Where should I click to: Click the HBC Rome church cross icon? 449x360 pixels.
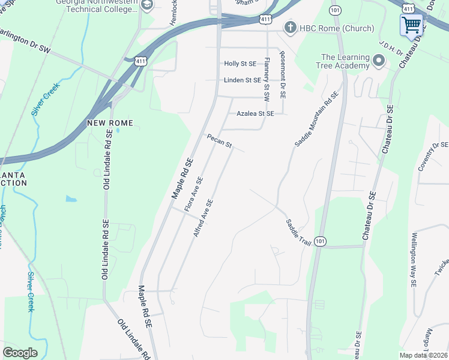click(x=291, y=28)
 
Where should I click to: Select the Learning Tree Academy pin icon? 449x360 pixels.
click(x=379, y=61)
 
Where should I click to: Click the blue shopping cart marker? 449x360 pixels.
click(x=411, y=25)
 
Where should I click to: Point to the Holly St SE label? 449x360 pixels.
click(x=240, y=64)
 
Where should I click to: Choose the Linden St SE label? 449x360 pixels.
click(x=243, y=80)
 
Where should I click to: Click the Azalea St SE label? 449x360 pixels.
click(x=255, y=113)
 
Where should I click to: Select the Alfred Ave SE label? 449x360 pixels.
click(x=203, y=218)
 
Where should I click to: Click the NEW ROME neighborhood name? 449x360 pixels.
click(x=110, y=123)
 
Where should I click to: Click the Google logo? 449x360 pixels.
click(x=20, y=353)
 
